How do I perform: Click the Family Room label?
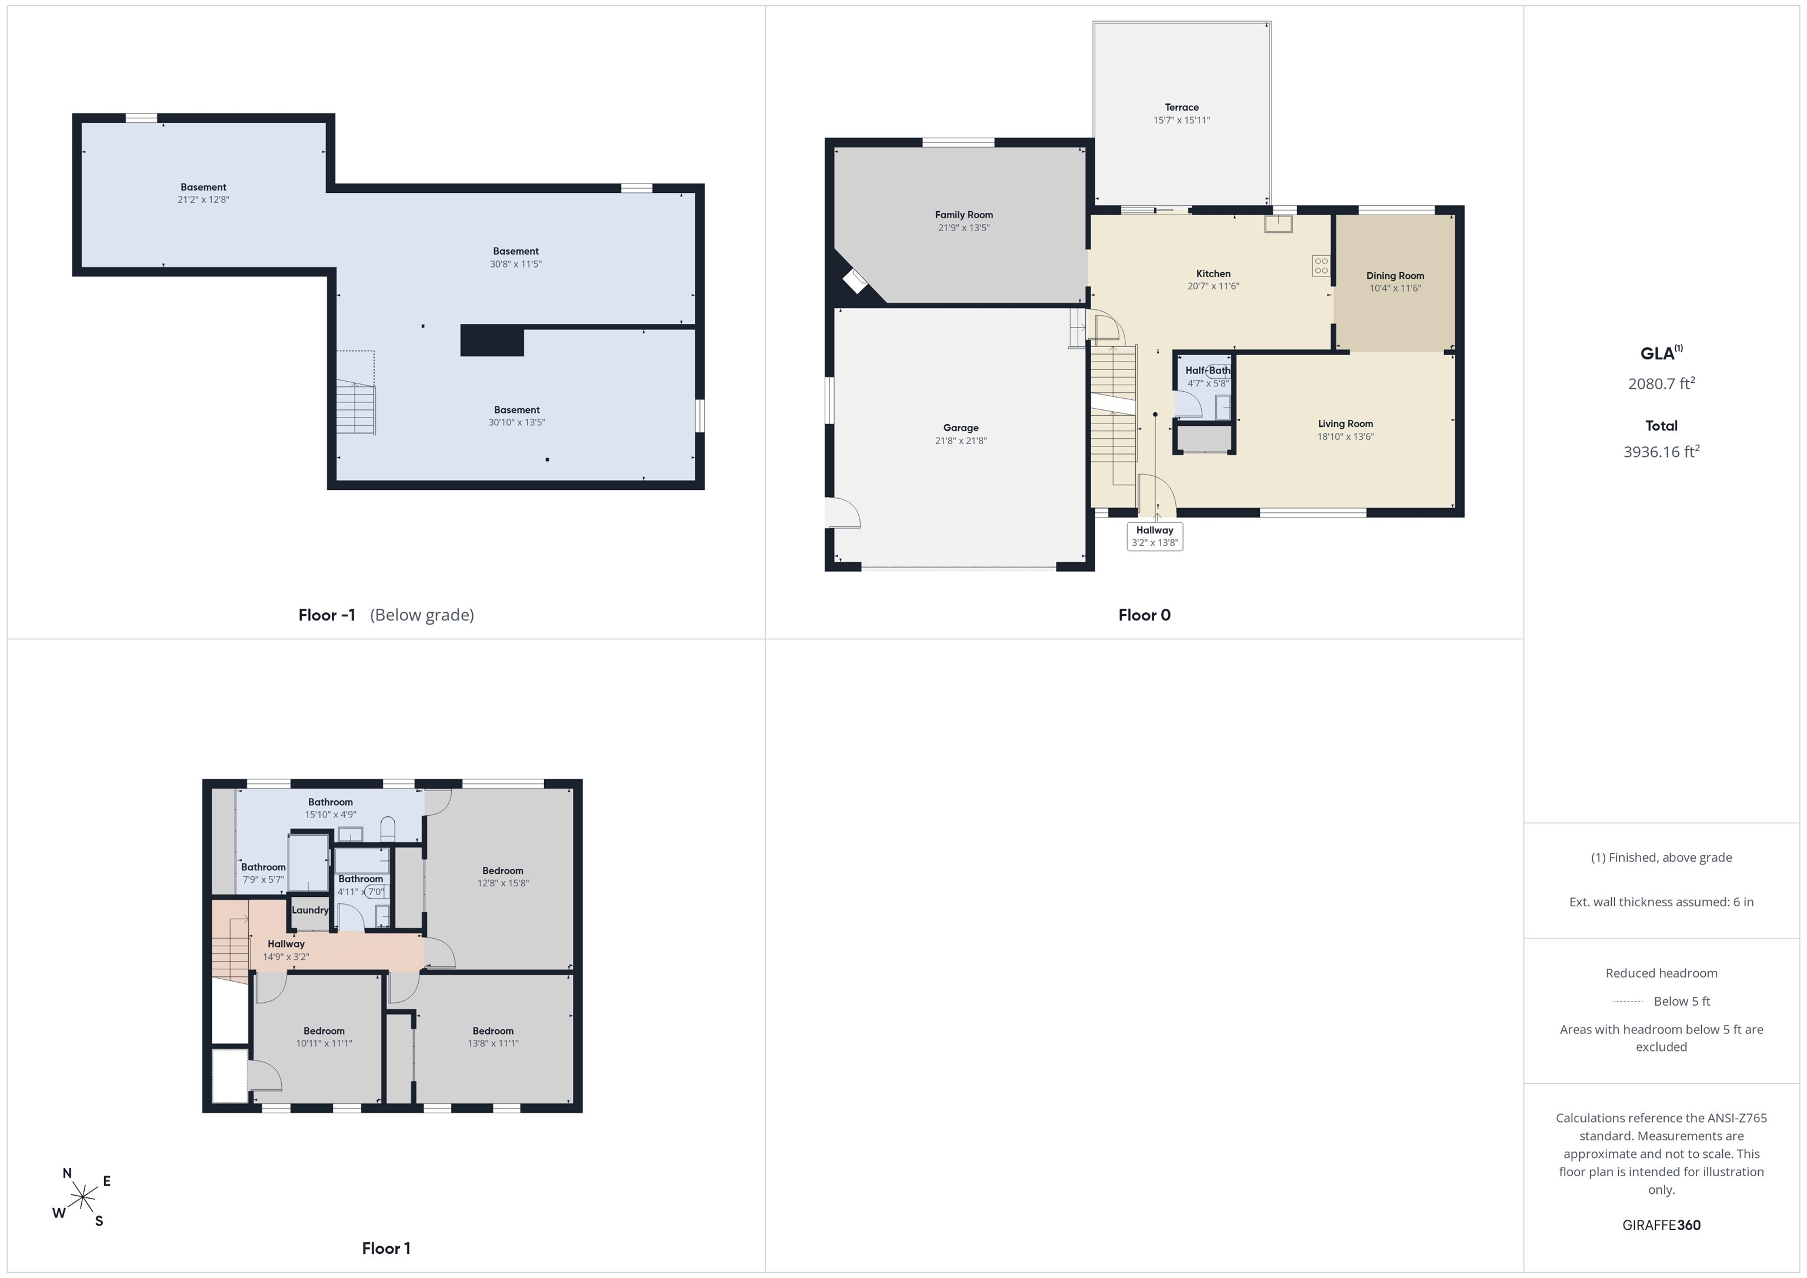click(x=963, y=215)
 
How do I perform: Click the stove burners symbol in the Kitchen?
click(x=1321, y=265)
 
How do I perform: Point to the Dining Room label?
click(x=1395, y=275)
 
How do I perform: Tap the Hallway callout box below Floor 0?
click(x=1155, y=536)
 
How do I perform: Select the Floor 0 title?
click(x=1143, y=615)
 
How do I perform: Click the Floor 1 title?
click(x=386, y=1248)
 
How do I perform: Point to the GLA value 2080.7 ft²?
click(x=1661, y=383)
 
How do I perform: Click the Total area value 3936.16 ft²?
click(x=1661, y=451)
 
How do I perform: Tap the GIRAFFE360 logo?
click(x=1661, y=1225)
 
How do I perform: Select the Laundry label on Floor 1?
click(x=309, y=910)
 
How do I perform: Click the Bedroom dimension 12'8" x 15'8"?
click(x=502, y=883)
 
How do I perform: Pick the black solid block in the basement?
click(x=492, y=340)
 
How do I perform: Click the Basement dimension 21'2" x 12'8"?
click(x=203, y=200)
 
